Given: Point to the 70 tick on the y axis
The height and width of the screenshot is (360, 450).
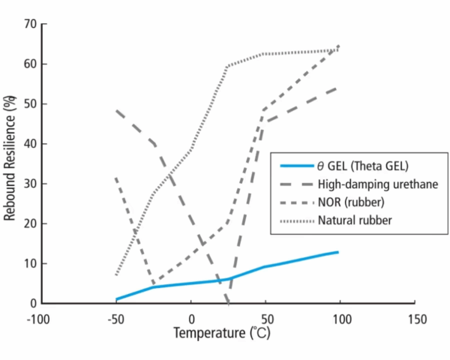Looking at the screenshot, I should (30, 24).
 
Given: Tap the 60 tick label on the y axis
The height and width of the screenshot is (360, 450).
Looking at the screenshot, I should (30, 64).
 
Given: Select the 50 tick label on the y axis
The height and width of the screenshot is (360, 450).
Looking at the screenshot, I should (30, 103).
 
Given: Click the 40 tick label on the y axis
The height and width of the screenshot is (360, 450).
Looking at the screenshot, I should (30, 144).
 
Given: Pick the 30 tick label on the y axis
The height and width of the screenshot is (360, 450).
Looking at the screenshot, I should (30, 184).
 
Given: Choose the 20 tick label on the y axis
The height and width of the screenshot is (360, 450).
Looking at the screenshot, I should (30, 223).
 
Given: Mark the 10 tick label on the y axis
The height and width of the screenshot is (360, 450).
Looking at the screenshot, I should (30, 263).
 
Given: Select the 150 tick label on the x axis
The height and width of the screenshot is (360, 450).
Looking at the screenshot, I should (415, 319).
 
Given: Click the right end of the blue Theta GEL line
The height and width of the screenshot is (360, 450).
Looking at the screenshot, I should (338, 252).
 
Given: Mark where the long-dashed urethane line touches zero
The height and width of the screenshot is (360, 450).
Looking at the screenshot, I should (228, 302).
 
